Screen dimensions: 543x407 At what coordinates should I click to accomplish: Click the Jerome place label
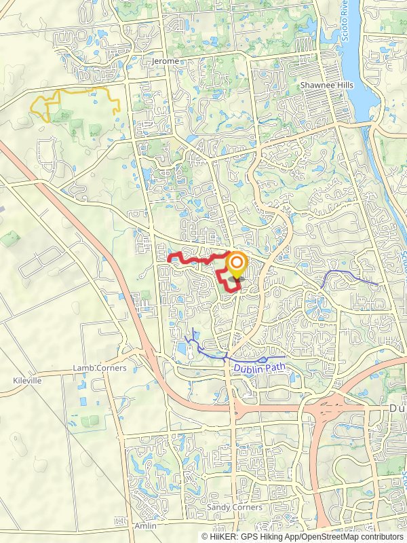(166, 61)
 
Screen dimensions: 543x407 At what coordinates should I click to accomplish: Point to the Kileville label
(27, 381)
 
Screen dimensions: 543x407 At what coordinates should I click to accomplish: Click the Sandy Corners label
(234, 507)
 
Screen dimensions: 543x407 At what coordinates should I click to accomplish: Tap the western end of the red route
(169, 258)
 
